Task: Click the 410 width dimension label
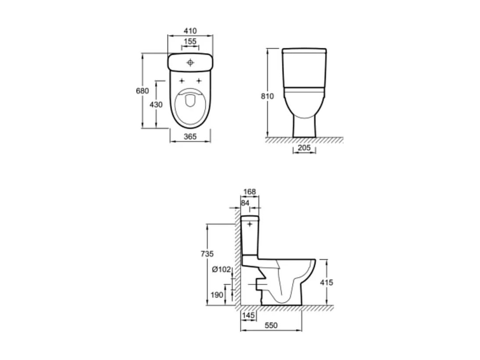190,31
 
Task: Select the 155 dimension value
190,41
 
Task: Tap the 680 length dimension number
142,91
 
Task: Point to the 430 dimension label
156,105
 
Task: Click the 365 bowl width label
190,137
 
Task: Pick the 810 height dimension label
267,96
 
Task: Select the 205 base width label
304,148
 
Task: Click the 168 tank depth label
250,192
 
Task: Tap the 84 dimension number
245,203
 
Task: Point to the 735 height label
207,254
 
